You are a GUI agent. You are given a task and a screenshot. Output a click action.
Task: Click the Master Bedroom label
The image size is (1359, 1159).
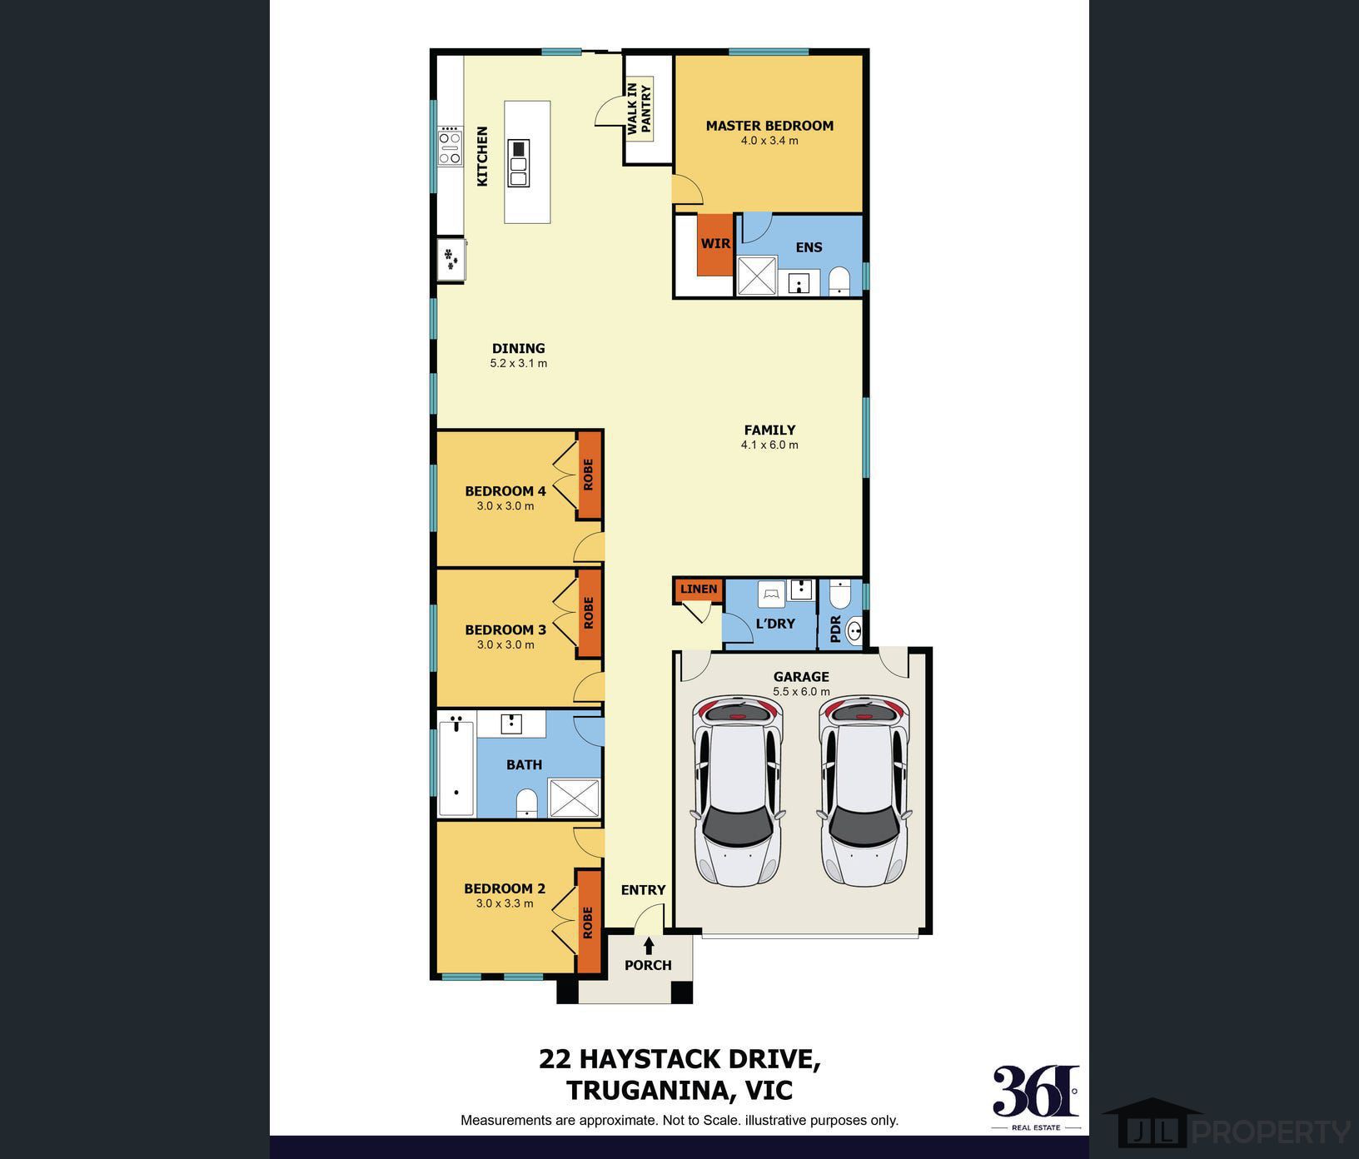769,126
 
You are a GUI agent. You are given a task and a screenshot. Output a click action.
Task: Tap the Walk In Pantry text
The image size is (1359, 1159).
640,108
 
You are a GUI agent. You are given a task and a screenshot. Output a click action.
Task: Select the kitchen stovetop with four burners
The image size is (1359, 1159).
451,147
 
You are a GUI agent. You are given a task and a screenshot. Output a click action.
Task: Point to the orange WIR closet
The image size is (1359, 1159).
714,245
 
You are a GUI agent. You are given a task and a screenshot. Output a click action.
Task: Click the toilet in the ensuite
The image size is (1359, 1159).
839,281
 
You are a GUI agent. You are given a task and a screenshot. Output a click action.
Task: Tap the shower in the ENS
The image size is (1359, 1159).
757,276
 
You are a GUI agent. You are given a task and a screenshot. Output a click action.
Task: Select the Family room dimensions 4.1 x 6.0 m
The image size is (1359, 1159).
769,445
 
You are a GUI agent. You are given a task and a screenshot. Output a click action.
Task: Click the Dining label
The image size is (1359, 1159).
519,348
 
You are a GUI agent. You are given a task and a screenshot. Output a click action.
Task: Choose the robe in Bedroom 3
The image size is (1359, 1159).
590,613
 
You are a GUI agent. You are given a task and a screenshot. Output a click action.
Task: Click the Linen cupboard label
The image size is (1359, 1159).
699,589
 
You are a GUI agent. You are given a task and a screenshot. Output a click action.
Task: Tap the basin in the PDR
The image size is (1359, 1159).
854,631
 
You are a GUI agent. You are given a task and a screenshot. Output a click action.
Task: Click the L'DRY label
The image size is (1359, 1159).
775,623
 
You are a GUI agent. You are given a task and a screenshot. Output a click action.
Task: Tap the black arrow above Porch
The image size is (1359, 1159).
649,946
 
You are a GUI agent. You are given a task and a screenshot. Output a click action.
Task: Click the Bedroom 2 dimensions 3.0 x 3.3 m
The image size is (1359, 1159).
505,903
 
